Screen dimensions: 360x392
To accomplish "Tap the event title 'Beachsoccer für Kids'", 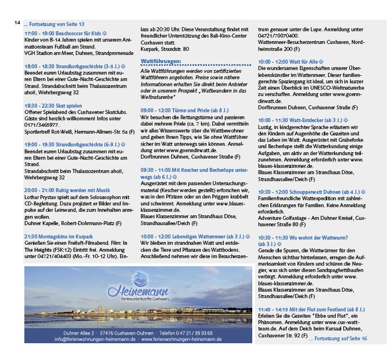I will [81, 34].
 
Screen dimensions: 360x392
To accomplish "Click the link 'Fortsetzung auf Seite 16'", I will [339, 337].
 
